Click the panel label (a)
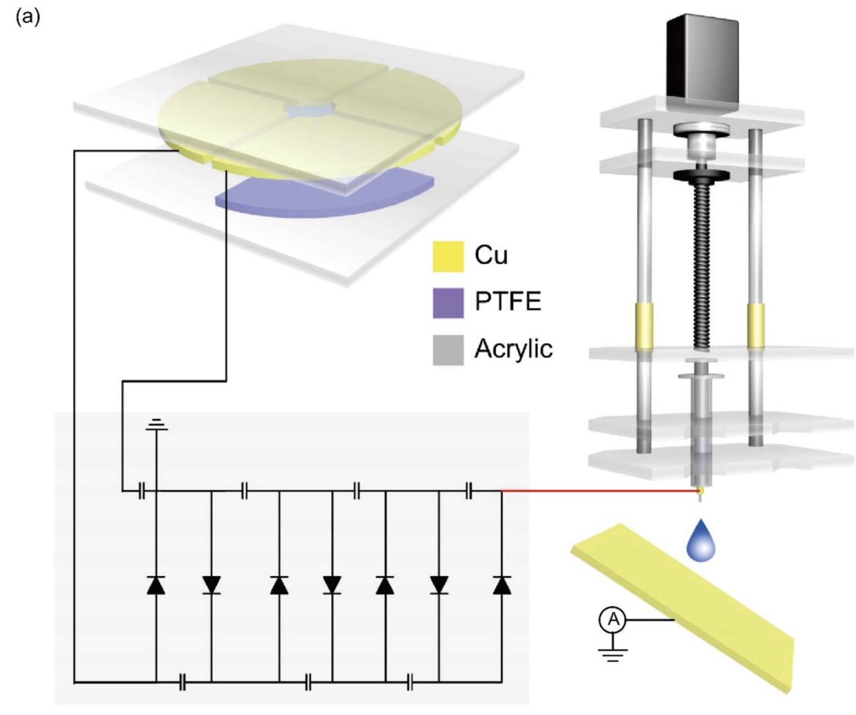15,16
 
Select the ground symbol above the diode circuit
156,425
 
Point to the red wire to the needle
596,490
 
